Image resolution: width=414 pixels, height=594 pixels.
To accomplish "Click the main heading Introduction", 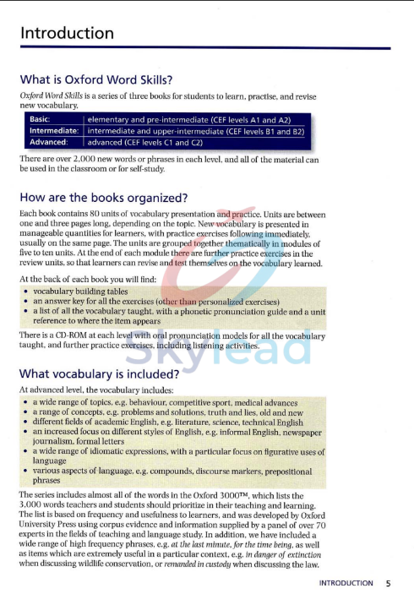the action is tap(67, 33).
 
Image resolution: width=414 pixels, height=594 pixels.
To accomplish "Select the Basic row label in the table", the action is tap(40, 120).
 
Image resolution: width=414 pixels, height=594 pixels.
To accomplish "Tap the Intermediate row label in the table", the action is tap(53, 131).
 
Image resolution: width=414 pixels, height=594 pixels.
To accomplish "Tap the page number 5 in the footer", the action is tap(388, 583).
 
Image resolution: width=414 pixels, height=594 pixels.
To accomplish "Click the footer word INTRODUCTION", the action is tap(346, 583).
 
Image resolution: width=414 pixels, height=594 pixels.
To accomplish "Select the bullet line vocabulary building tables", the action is tap(80, 290).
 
